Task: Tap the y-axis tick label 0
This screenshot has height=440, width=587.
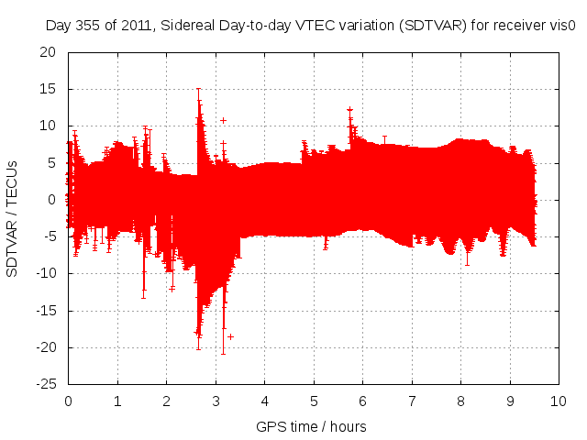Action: click(53, 200)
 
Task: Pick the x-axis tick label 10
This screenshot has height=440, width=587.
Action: click(558, 401)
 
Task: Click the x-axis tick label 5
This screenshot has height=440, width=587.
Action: click(314, 401)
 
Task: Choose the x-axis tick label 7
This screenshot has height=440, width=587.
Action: click(412, 401)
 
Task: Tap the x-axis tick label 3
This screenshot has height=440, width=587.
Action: click(216, 401)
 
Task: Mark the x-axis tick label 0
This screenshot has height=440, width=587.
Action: click(69, 401)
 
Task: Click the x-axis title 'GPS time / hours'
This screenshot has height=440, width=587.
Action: click(311, 426)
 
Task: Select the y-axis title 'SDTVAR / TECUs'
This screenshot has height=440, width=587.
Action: click(13, 219)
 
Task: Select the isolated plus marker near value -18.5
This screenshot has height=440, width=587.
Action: click(230, 336)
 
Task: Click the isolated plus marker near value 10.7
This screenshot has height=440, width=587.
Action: click(223, 120)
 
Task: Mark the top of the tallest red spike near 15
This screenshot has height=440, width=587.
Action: click(198, 89)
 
